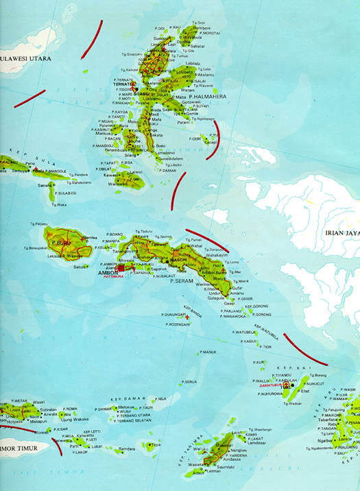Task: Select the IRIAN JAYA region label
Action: pyautogui.click(x=341, y=233)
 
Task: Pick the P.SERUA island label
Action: pyautogui.click(x=190, y=381)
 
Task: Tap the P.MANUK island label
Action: pyautogui.click(x=208, y=352)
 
